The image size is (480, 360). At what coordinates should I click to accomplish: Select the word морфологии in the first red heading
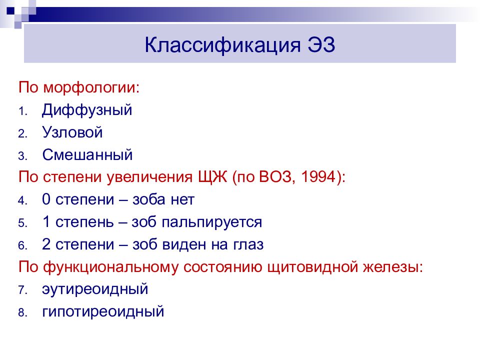click(91, 88)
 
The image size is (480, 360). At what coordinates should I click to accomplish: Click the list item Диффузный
click(87, 110)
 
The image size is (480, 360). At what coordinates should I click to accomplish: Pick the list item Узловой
click(72, 132)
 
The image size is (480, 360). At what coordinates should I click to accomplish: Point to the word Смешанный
click(87, 154)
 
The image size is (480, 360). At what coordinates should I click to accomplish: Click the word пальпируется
click(212, 222)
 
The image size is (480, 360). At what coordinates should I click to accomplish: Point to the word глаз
click(248, 244)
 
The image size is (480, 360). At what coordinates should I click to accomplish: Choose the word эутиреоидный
click(95, 289)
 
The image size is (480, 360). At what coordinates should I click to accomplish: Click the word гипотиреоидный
click(103, 312)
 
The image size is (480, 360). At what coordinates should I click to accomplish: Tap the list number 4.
click(22, 201)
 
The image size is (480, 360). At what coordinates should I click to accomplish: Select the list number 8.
click(22, 313)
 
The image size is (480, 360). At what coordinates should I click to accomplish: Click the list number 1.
click(22, 111)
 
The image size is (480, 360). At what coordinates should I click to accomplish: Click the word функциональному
click(110, 267)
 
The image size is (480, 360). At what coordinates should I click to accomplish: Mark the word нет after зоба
click(182, 200)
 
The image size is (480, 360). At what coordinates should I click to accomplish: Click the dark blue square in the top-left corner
click(10, 10)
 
